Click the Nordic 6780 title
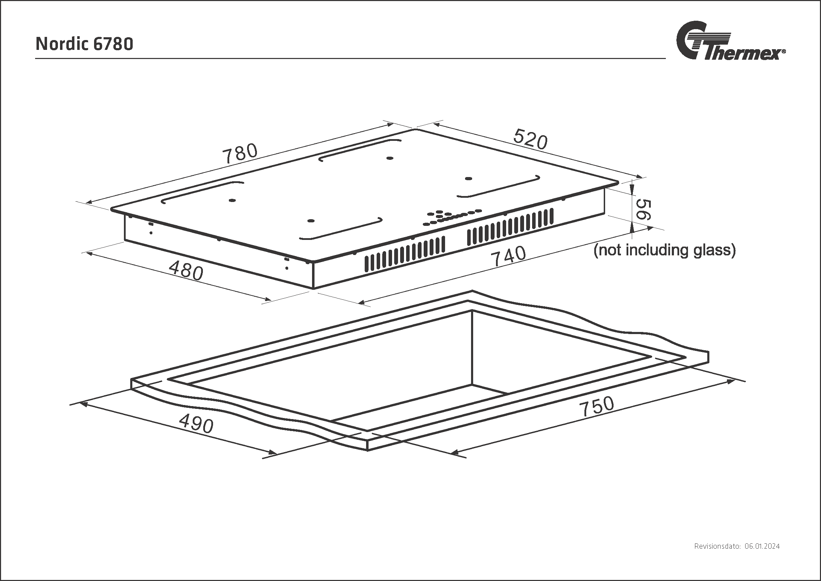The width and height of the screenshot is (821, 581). [84, 44]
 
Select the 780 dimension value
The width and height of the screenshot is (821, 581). [240, 153]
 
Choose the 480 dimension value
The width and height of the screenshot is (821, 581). [186, 270]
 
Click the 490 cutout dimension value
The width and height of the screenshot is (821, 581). [196, 423]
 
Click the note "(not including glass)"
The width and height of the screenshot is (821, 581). [664, 250]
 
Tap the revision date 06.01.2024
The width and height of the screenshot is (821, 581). [762, 556]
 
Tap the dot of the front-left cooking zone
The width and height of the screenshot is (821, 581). [311, 221]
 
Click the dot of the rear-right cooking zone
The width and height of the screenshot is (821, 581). [390, 158]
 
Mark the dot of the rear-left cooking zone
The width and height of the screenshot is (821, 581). [232, 200]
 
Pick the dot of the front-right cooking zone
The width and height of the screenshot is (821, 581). [469, 178]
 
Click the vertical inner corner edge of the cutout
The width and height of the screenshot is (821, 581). [472, 347]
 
